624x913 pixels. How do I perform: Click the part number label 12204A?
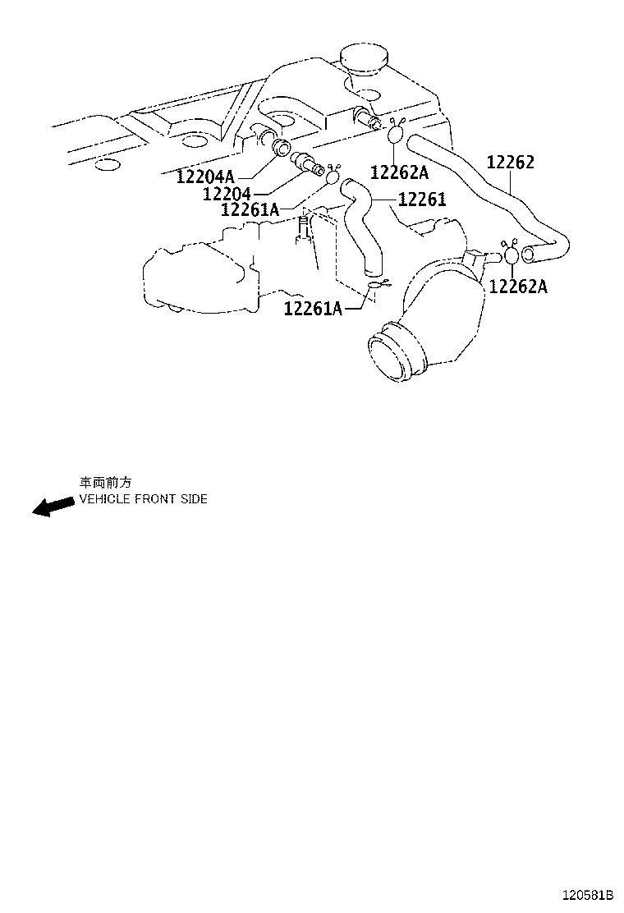pos(204,177)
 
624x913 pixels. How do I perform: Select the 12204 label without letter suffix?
pos(227,194)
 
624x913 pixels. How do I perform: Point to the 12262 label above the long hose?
pos(510,163)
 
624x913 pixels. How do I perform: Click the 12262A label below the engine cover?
pos(400,172)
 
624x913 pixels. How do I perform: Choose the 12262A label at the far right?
pos(518,287)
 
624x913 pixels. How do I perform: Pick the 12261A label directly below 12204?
pos(250,210)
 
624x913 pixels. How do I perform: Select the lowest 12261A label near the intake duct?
pos(313,309)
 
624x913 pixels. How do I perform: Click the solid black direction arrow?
pos(52,507)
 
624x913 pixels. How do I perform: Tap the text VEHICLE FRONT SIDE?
pos(143,499)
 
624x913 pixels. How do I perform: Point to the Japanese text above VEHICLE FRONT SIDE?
pos(105,483)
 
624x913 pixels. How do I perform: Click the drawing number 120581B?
pos(588,894)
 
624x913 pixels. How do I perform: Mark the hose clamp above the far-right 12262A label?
pos(511,253)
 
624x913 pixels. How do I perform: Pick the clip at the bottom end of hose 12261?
pos(378,286)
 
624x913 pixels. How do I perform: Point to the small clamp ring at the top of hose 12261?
pos(333,176)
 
